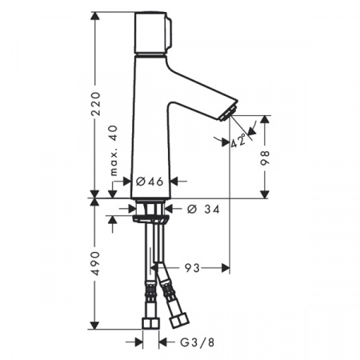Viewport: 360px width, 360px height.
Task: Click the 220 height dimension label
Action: [x=96, y=104]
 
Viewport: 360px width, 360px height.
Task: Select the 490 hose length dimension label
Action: [x=96, y=263]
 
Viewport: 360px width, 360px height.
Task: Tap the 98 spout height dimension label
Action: [x=265, y=158]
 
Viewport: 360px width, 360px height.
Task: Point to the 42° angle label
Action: [x=238, y=140]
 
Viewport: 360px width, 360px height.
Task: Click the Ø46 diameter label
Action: [x=150, y=182]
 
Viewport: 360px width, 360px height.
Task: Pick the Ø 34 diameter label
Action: [x=203, y=209]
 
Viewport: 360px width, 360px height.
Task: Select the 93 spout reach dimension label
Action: [x=192, y=268]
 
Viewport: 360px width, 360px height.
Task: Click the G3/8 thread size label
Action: [x=198, y=342]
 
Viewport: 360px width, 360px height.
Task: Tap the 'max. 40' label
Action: [x=114, y=150]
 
